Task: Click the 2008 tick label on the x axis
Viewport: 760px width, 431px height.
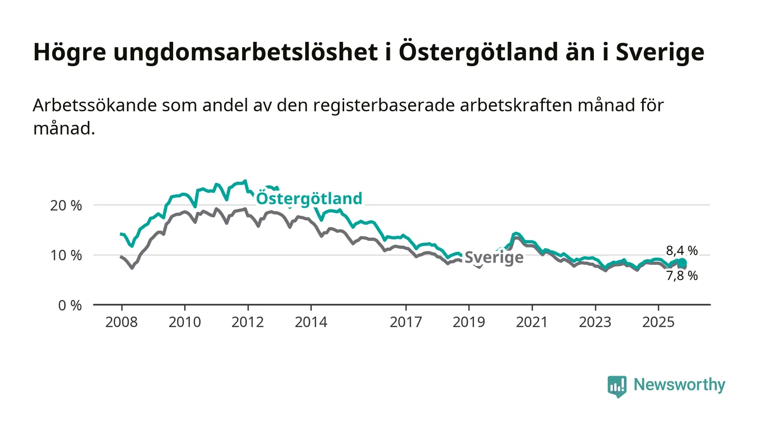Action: (121, 322)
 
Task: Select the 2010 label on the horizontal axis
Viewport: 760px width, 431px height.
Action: (184, 322)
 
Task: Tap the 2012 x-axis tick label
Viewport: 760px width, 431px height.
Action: (248, 322)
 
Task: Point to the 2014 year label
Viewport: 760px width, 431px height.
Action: (311, 322)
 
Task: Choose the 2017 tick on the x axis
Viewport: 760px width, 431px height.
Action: (406, 322)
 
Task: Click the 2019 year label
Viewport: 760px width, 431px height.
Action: (468, 322)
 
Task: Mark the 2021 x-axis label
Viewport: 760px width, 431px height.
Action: (531, 322)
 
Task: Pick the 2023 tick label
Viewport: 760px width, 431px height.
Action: (595, 322)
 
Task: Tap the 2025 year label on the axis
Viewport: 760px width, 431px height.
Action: (658, 322)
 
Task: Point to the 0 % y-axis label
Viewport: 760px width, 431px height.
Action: (70, 306)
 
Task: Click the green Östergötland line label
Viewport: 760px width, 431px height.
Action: (308, 199)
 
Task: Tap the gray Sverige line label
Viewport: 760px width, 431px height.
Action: (494, 257)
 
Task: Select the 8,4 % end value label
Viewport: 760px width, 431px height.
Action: (682, 250)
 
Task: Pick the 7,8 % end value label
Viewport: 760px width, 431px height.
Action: (682, 276)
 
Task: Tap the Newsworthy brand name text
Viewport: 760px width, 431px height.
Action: (679, 385)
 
